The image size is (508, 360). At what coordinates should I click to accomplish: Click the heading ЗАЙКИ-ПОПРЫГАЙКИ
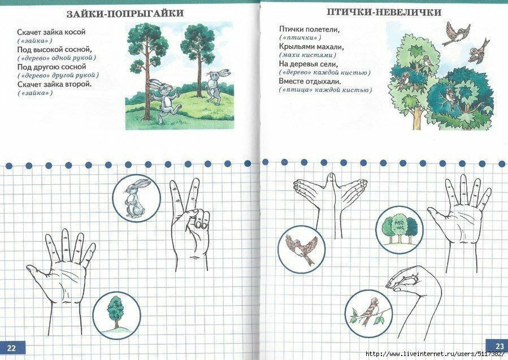(x=125, y=14)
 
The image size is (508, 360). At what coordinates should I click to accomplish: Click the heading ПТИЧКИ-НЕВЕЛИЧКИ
(x=384, y=12)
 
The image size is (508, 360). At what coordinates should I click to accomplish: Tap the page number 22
(x=11, y=348)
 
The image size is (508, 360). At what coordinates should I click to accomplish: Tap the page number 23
(x=500, y=346)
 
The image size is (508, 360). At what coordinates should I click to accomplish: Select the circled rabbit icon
(x=136, y=198)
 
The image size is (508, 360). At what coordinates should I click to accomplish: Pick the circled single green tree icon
(x=116, y=315)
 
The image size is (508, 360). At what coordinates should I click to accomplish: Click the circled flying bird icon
(x=302, y=249)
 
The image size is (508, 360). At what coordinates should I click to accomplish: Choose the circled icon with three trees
(x=400, y=230)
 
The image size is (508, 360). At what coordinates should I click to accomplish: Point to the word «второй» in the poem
(x=79, y=84)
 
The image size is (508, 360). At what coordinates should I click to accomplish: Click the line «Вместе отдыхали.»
(x=310, y=81)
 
